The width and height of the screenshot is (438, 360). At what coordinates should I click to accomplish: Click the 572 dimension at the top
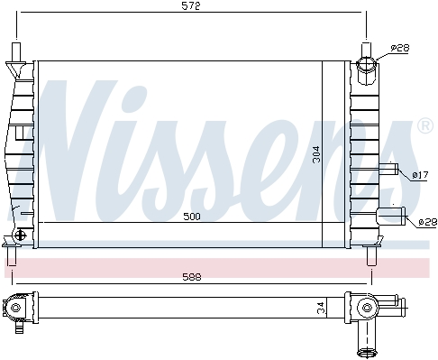(191, 6)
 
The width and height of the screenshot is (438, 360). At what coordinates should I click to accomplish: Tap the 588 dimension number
(192, 277)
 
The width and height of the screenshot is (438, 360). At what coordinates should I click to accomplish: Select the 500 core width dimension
(192, 217)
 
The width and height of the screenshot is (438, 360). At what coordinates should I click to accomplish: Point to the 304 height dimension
(316, 154)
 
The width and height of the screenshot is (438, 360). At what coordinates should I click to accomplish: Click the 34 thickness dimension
(322, 308)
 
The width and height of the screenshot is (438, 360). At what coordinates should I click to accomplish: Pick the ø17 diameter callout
(420, 175)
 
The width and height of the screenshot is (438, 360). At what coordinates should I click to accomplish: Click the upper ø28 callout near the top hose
(400, 48)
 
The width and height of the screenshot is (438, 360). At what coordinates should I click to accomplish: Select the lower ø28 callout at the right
(428, 222)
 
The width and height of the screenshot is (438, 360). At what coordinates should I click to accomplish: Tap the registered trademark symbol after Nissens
(425, 126)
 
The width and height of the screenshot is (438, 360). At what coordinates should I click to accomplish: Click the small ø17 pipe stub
(388, 169)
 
